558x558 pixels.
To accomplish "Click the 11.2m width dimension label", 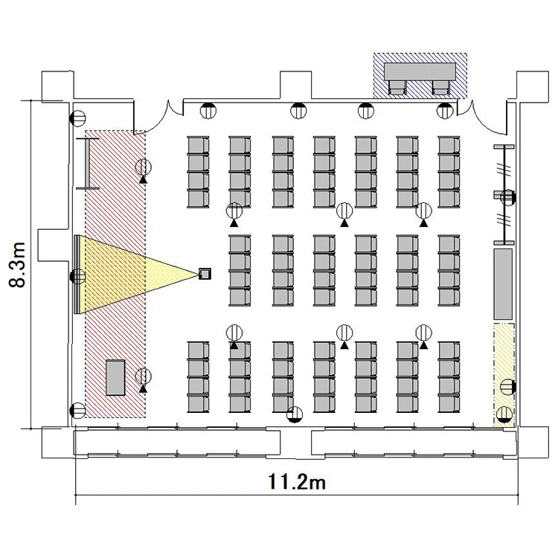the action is [x=296, y=482].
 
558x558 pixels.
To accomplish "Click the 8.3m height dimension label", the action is [x=17, y=265].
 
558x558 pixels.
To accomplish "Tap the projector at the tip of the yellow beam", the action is [x=205, y=274].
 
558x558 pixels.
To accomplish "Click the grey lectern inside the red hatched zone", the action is [x=115, y=377].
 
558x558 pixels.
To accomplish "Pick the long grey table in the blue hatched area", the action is [x=420, y=71].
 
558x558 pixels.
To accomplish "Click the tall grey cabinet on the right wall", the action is [x=503, y=283].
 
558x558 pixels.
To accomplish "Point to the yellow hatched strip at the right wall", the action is [x=504, y=375].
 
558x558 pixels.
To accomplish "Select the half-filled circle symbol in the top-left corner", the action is [x=78, y=118].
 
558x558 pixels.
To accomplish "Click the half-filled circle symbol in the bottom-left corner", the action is [x=78, y=411].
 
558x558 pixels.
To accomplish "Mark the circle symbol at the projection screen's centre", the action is [x=78, y=276].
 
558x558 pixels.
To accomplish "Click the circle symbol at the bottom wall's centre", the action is [x=295, y=414].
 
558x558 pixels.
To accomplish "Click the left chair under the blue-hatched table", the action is [x=397, y=87].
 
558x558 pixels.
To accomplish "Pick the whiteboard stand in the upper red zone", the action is [x=88, y=164].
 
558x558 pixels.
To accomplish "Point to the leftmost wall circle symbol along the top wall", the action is [x=208, y=111].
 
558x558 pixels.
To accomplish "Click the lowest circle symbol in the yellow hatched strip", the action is [x=504, y=414].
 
